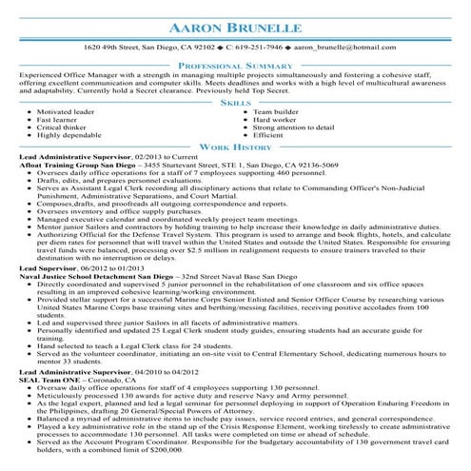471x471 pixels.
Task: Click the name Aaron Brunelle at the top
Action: tap(235, 23)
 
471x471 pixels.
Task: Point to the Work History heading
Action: tap(235, 148)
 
